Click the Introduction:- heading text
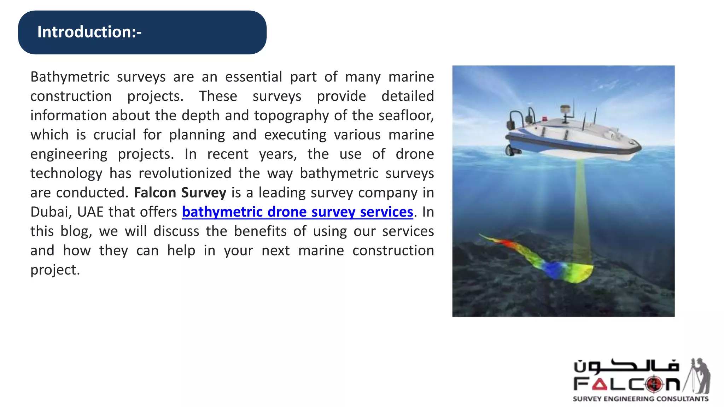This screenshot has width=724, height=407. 89,32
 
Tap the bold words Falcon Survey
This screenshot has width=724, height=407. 180,193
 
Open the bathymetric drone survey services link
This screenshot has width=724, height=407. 297,212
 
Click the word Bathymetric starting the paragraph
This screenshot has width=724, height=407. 70,77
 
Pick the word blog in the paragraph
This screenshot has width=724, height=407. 76,231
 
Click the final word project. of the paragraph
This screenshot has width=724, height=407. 55,270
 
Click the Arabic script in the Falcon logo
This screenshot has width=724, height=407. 626,366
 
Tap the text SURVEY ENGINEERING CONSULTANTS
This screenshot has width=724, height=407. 640,399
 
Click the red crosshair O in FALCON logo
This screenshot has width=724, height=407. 654,384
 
